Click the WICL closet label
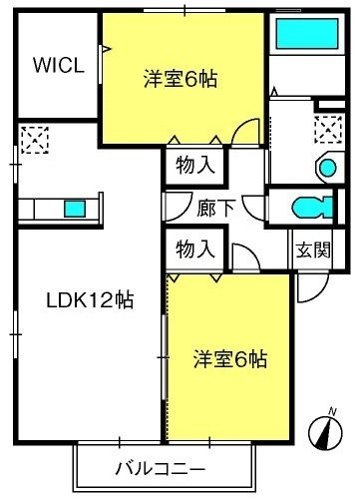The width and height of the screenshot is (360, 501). (59, 65)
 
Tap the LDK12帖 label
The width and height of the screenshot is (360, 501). (90, 300)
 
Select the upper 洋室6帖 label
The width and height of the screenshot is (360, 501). (180, 79)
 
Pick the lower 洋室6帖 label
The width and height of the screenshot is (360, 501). (230, 359)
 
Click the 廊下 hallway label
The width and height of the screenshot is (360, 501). (216, 209)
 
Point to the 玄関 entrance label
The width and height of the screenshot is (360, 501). (313, 250)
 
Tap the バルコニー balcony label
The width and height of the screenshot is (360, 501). (160, 469)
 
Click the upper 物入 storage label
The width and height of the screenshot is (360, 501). (195, 165)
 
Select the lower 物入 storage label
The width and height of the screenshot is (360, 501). (195, 250)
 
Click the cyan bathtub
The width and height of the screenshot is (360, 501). (307, 34)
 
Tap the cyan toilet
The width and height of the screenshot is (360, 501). (312, 208)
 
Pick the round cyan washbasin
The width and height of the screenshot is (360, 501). (328, 168)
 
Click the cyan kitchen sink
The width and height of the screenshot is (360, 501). (75, 209)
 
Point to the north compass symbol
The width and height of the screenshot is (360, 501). (325, 433)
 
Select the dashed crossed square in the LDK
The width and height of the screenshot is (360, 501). (35, 140)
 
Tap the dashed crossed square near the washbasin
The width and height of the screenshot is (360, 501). (328, 129)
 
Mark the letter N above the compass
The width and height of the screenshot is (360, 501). (332, 412)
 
